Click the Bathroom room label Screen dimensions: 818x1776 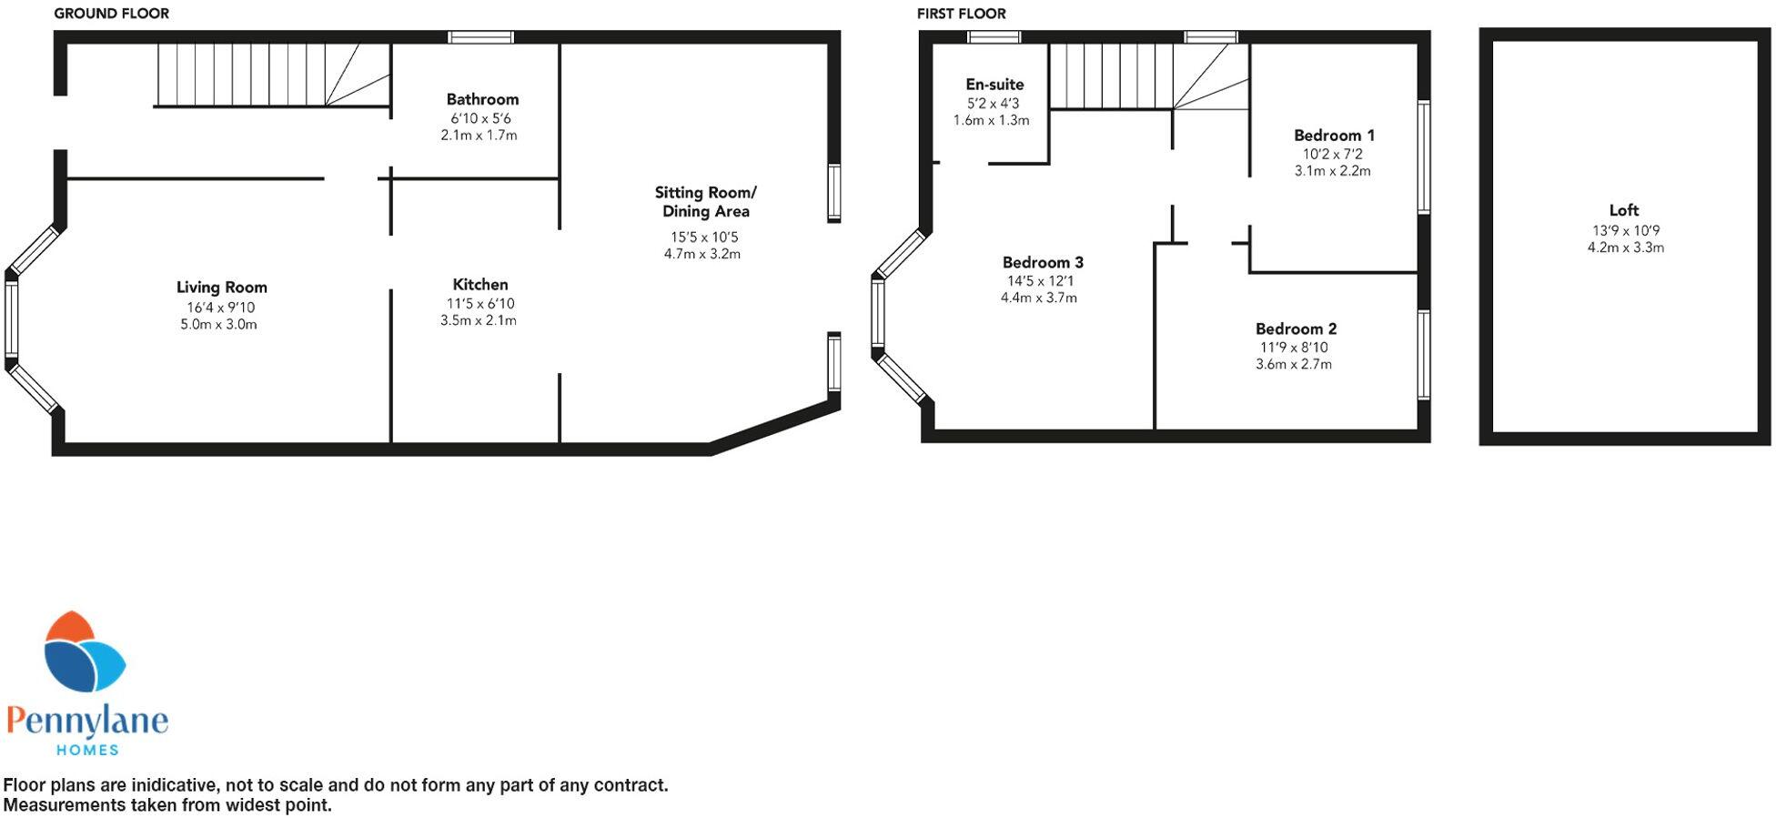pyautogui.click(x=482, y=99)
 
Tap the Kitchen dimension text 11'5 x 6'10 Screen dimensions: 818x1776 pyautogui.click(x=480, y=304)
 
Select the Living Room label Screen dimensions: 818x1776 pyautogui.click(x=221, y=288)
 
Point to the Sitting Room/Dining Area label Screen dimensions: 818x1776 pyautogui.click(x=705, y=202)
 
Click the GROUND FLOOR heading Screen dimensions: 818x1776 pyautogui.click(x=111, y=14)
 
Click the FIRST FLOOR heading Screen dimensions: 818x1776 pyautogui.click(x=961, y=14)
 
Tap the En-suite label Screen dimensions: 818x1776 pyautogui.click(x=994, y=85)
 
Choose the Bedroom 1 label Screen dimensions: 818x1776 pyautogui.click(x=1334, y=136)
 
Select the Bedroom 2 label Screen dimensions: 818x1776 pyautogui.click(x=1296, y=329)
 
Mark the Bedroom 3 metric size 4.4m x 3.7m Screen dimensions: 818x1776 pyautogui.click(x=1038, y=298)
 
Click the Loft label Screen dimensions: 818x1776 pyautogui.click(x=1623, y=210)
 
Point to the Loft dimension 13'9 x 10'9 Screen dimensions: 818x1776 pyautogui.click(x=1625, y=231)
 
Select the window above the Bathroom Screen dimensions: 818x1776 pyautogui.click(x=480, y=37)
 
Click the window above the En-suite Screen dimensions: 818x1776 pyautogui.click(x=994, y=37)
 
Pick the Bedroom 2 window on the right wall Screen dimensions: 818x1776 pyautogui.click(x=1424, y=355)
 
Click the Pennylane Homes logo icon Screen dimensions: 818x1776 pyautogui.click(x=84, y=653)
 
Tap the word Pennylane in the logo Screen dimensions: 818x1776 pyautogui.click(x=87, y=722)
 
